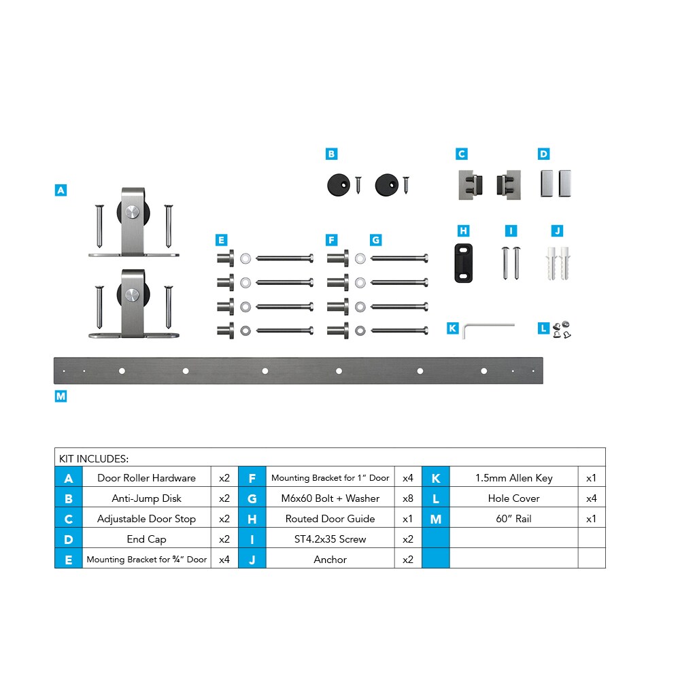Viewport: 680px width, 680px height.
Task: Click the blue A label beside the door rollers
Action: click(x=61, y=190)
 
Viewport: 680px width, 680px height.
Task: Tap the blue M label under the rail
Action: click(x=61, y=396)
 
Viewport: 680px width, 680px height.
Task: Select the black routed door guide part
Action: click(x=463, y=263)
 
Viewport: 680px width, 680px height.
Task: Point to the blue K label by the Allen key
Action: click(x=452, y=328)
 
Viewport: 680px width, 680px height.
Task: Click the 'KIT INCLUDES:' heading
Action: click(x=94, y=459)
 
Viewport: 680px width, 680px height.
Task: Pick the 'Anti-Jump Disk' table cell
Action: click(x=147, y=498)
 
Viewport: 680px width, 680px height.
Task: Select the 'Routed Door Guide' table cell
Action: click(x=330, y=519)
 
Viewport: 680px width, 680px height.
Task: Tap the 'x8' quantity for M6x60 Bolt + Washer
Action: click(x=408, y=498)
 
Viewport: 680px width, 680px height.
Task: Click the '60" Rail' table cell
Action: click(x=514, y=519)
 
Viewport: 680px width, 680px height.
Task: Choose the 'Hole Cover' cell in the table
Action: click(x=514, y=498)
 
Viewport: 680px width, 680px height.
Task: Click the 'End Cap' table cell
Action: click(x=147, y=539)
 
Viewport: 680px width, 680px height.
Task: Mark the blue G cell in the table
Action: click(x=252, y=498)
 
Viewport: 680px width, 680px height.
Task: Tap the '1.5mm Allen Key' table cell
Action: click(x=514, y=478)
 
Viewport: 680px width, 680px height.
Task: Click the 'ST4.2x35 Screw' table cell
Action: click(x=330, y=539)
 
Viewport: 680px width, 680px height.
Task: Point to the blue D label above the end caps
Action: click(x=543, y=154)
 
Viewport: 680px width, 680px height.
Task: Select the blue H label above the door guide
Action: click(x=463, y=231)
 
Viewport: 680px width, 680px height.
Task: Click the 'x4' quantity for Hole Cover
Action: click(x=592, y=498)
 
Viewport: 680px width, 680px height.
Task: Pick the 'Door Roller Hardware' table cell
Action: click(x=147, y=478)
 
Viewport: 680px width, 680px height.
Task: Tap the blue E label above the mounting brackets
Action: click(x=221, y=240)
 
